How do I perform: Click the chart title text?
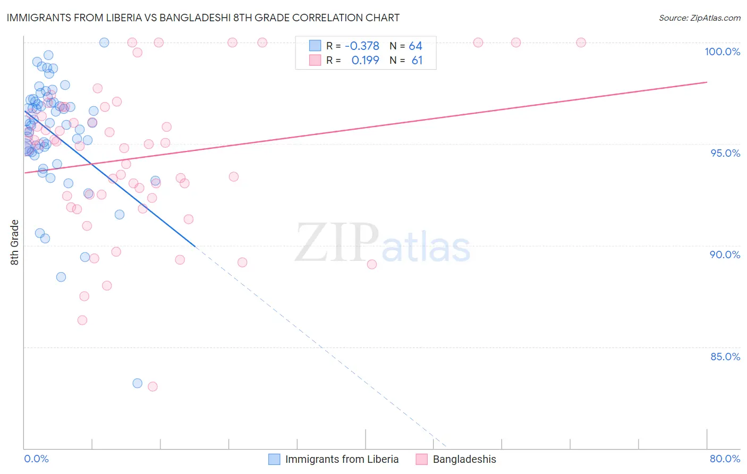pos(203,18)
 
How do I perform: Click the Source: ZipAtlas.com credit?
pos(699,18)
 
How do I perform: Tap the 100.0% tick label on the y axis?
pos(722,52)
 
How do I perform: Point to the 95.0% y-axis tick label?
pos(725,153)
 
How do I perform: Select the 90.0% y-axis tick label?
pos(725,255)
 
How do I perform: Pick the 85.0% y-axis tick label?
pos(725,357)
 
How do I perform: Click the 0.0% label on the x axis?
pos(36,459)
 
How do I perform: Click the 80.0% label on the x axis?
pos(725,459)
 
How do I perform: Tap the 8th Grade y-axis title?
pos(15,242)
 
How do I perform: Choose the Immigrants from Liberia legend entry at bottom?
pos(341,459)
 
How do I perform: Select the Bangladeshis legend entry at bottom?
pos(464,459)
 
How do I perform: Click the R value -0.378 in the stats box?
pos(362,46)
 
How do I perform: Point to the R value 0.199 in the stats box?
pos(365,61)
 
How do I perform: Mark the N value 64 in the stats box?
pos(415,46)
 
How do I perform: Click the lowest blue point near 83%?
pos(138,383)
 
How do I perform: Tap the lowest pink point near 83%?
pos(152,386)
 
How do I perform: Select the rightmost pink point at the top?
pos(581,43)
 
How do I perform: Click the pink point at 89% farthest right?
pos(372,264)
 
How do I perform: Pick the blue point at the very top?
pos(104,43)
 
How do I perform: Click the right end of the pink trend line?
pos(707,82)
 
